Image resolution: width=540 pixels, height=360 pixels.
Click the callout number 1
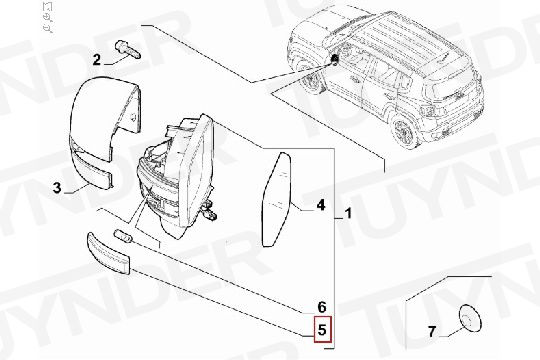[347, 213]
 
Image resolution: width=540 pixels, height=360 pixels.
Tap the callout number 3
[58, 187]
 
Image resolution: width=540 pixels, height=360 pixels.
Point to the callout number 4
[321, 207]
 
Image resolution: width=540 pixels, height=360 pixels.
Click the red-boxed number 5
[321, 329]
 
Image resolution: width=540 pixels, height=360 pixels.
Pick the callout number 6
[321, 306]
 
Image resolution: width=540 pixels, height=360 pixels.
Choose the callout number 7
[433, 330]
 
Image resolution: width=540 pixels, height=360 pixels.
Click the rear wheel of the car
[405, 130]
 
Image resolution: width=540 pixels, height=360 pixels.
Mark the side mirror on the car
[334, 61]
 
